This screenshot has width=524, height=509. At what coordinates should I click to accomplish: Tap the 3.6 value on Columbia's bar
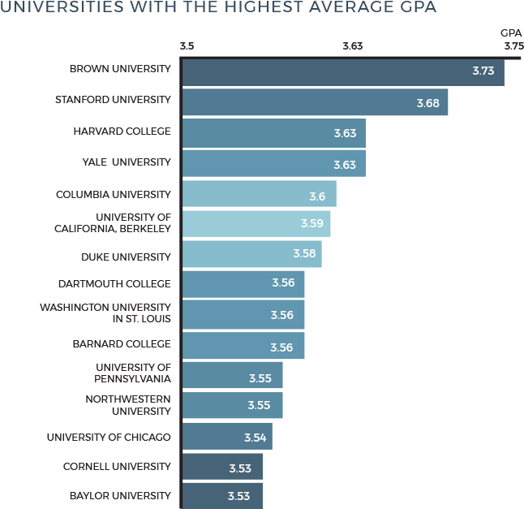pyautogui.click(x=317, y=196)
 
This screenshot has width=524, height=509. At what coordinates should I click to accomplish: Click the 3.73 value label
pyautogui.click(x=483, y=71)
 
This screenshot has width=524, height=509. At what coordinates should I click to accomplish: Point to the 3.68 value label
pyautogui.click(x=427, y=103)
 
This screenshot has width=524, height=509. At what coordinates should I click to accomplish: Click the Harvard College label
pyautogui.click(x=122, y=131)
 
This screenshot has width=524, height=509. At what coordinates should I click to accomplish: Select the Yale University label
pyautogui.click(x=127, y=162)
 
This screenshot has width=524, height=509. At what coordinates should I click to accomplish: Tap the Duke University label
pyautogui.click(x=126, y=257)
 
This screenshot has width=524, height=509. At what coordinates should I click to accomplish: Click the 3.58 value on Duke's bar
pyautogui.click(x=304, y=254)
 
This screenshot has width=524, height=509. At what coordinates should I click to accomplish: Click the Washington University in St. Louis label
pyautogui.click(x=105, y=313)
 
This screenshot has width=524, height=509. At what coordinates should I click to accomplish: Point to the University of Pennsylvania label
pyautogui.click(x=133, y=373)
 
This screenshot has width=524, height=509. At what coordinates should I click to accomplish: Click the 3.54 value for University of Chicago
pyautogui.click(x=255, y=438)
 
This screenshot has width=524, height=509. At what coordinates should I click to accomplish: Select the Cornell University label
pyautogui.click(x=117, y=467)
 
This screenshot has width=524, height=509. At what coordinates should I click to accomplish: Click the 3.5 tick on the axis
pyautogui.click(x=187, y=46)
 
